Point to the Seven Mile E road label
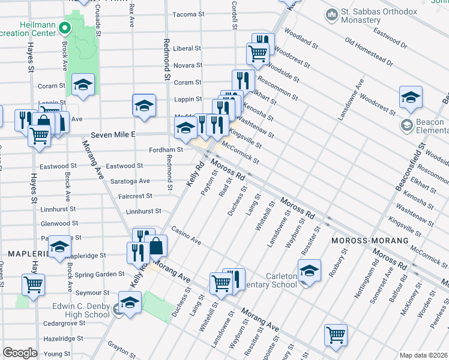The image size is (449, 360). click(113, 136)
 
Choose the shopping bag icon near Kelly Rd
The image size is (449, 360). click(155, 245)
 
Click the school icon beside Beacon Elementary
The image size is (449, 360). click(411, 97)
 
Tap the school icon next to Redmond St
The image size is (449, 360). click(144, 106)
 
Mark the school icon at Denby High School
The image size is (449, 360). click(130, 302)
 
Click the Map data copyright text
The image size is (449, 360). click(424, 355)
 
